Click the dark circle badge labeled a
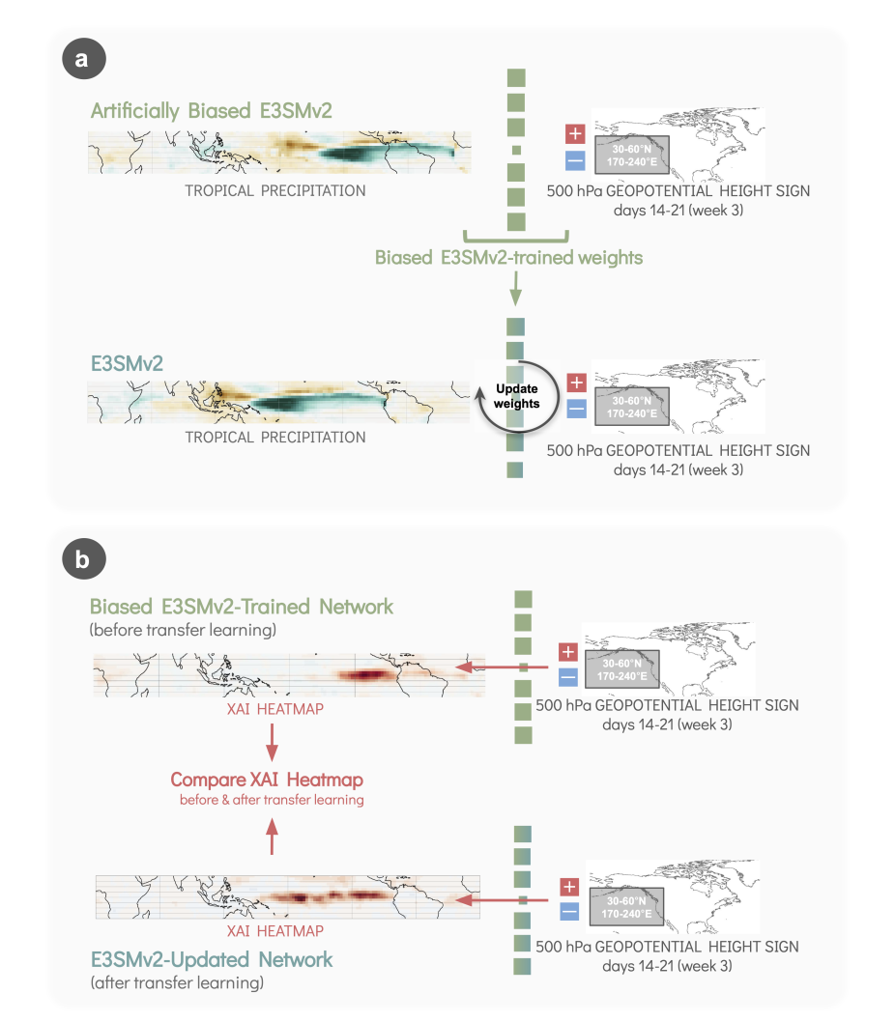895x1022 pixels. tap(84, 59)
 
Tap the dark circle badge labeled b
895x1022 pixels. tap(84, 558)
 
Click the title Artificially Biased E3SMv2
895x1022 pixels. tap(212, 111)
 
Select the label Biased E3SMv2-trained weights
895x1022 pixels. tap(508, 258)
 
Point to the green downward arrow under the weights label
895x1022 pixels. tap(515, 289)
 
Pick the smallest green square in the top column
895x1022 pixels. tap(517, 151)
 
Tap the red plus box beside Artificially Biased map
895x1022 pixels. tap(575, 133)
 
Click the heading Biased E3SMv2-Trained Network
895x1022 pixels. tap(242, 607)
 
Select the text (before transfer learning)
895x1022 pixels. tap(183, 630)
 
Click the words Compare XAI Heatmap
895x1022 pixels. tap(267, 780)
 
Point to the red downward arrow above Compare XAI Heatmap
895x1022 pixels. tap(272, 743)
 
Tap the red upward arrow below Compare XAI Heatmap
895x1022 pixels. tap(272, 837)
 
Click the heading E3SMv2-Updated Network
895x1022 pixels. tap(212, 959)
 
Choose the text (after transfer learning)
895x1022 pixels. tap(177, 982)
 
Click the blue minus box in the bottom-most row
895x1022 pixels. tap(569, 911)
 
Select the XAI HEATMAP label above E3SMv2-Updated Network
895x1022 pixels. tap(275, 931)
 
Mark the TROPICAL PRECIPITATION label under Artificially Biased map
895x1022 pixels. tap(275, 191)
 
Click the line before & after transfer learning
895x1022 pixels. tap(272, 800)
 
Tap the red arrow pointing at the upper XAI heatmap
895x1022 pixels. tap(502, 667)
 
